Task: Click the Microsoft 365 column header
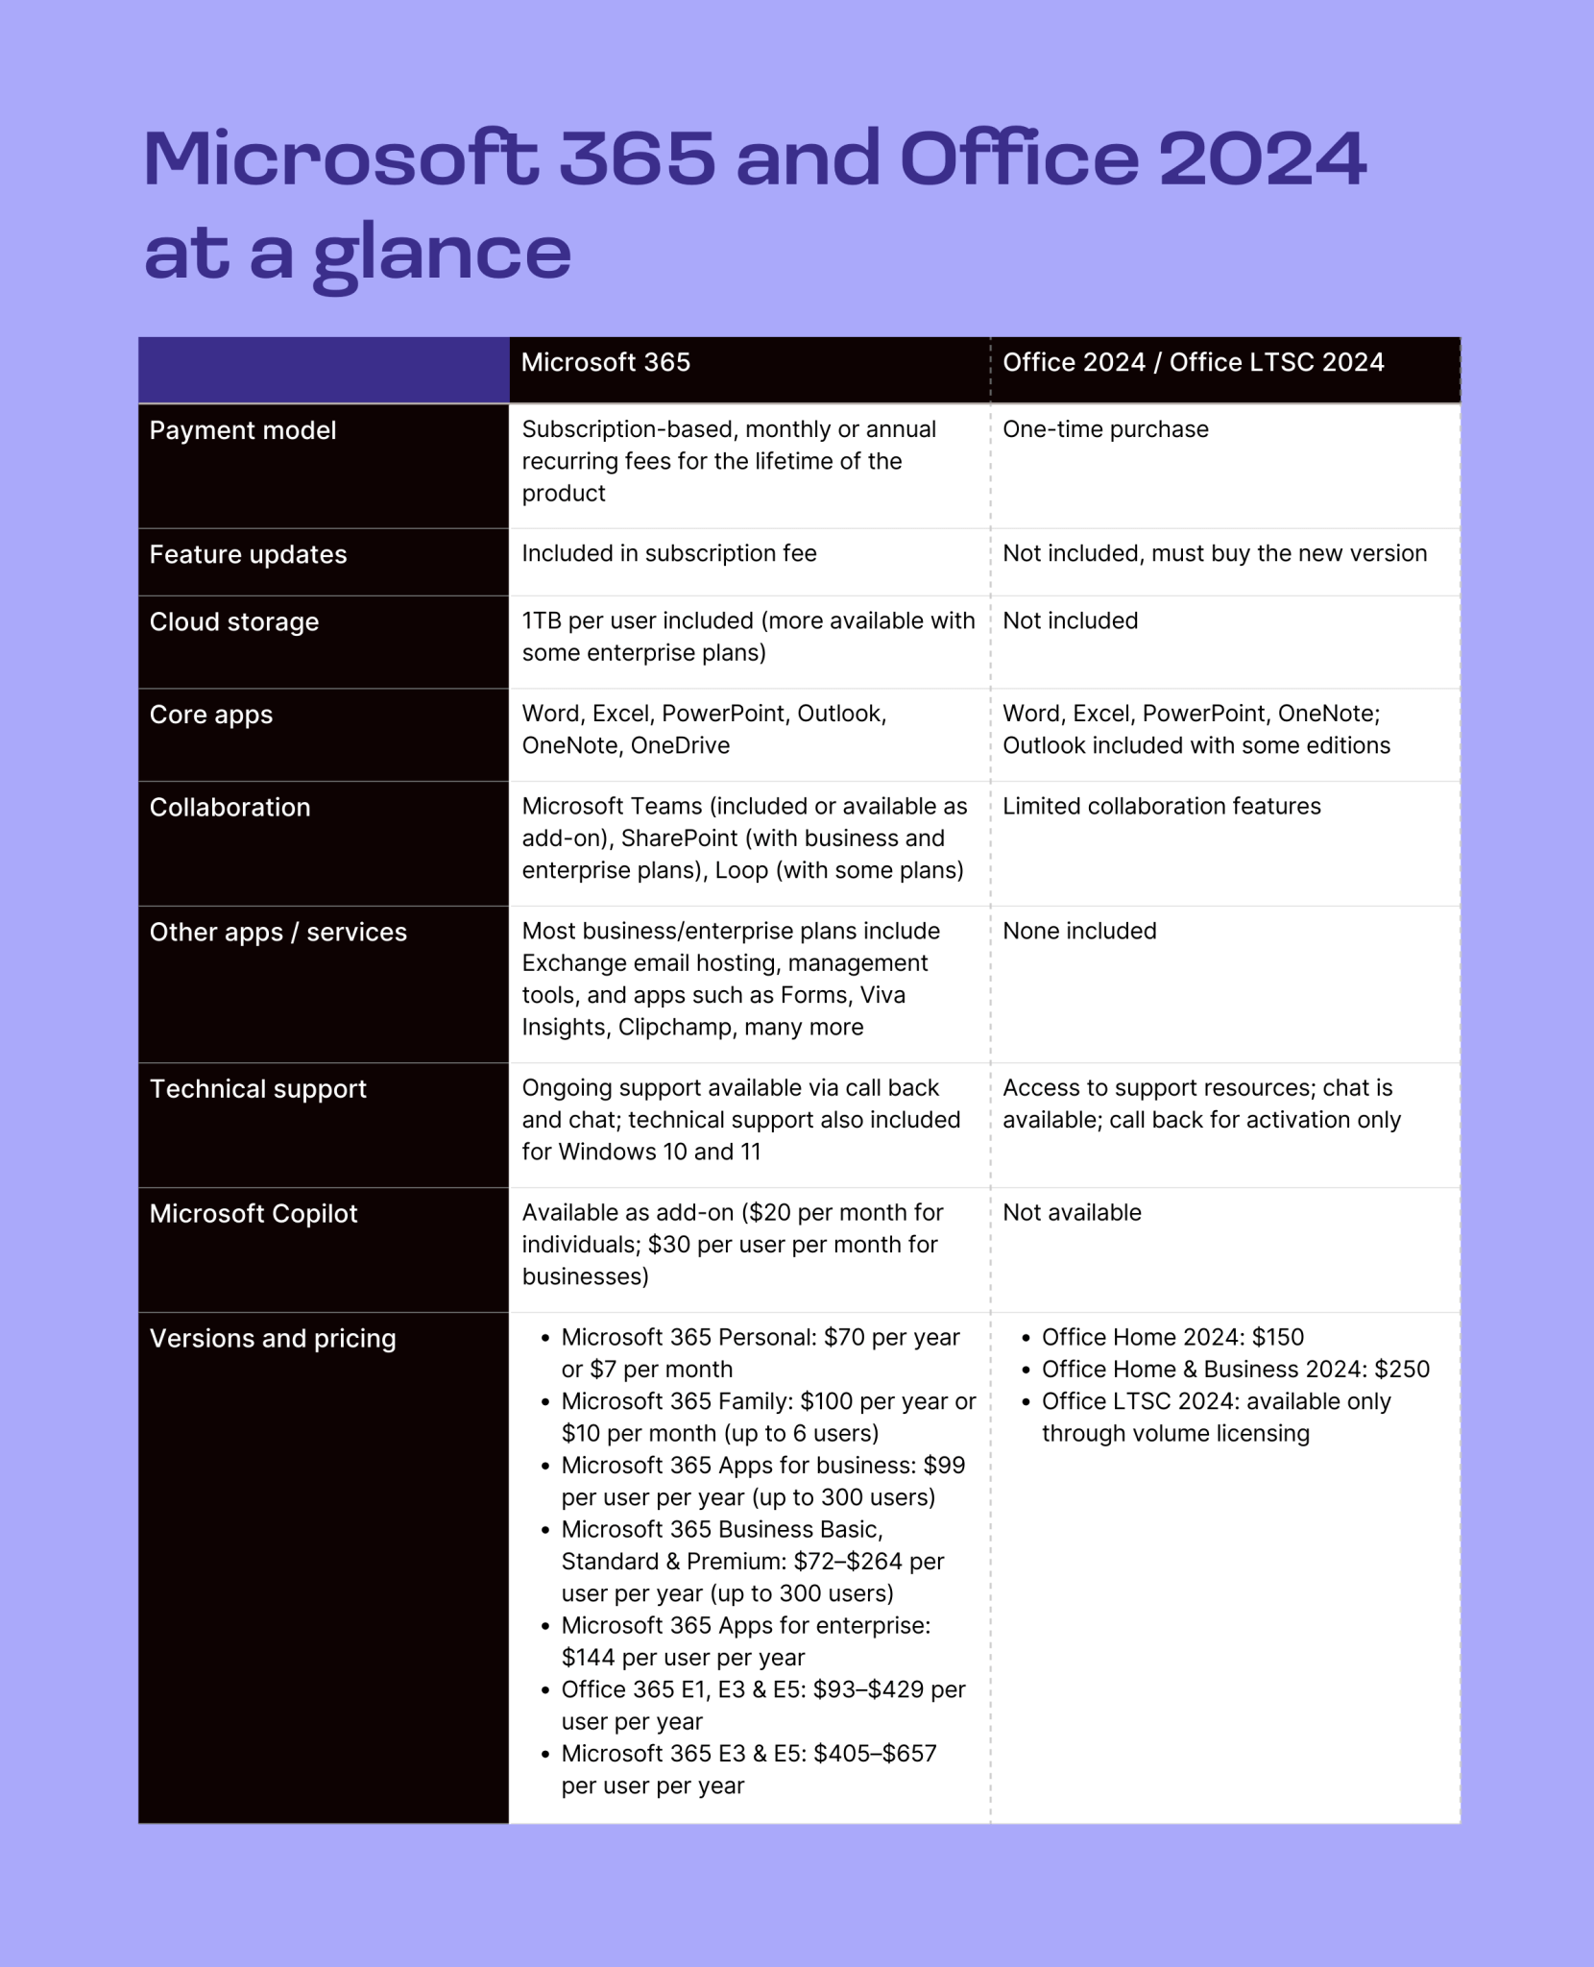click(x=606, y=362)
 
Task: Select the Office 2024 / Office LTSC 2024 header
click(x=1193, y=362)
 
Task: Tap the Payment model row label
click(x=243, y=430)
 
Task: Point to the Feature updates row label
click(x=248, y=554)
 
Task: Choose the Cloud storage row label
click(x=234, y=621)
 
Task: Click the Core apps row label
click(x=211, y=715)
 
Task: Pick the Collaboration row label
click(x=230, y=807)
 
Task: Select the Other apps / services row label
click(x=278, y=932)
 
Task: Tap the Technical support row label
click(x=258, y=1088)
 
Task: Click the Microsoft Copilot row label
click(x=254, y=1213)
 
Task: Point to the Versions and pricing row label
click(x=273, y=1338)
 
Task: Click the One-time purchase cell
click(x=1105, y=429)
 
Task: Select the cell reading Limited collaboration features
click(x=1162, y=806)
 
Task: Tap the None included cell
click(x=1079, y=931)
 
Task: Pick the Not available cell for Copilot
click(x=1072, y=1212)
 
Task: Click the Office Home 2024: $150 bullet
click(x=1172, y=1337)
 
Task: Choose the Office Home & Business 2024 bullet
click(x=1235, y=1369)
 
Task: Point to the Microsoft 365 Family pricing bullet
click(x=767, y=1417)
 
